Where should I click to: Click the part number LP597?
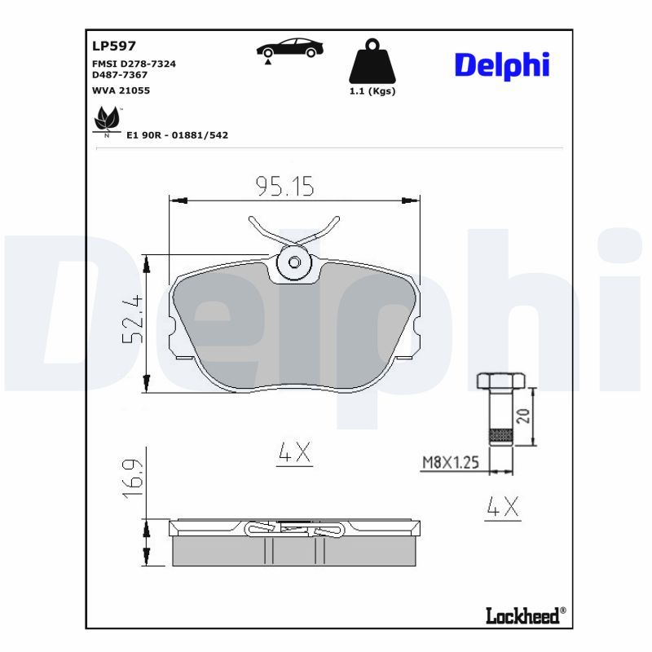coord(114,46)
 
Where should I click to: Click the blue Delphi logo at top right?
coord(501,65)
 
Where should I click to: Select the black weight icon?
coord(372,61)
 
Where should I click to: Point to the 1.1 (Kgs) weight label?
coord(372,91)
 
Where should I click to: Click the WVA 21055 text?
coord(121,90)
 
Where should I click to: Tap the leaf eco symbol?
coord(107,121)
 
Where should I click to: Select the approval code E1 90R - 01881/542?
coord(177,134)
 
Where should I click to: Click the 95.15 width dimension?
coord(284,187)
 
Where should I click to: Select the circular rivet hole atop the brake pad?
coord(294,262)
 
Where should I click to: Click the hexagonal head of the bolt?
coord(500,381)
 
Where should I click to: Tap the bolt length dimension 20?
coord(524,416)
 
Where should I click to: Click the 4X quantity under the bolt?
coord(501,507)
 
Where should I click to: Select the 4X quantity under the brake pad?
coord(294,453)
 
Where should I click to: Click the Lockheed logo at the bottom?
coord(522,615)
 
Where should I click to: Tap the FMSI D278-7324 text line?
coord(134,63)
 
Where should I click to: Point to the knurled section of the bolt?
coord(500,437)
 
